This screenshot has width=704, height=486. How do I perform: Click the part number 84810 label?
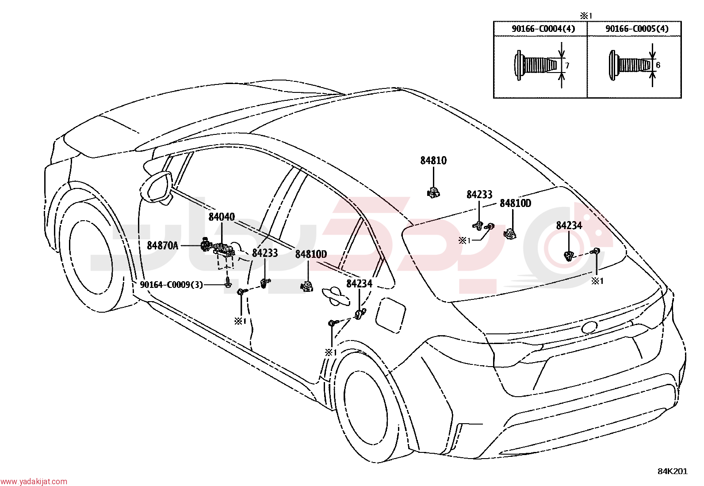tap(433, 161)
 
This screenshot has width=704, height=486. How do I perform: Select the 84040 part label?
tap(222, 217)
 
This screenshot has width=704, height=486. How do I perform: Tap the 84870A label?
tap(162, 245)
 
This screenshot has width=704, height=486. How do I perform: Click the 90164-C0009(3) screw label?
tap(171, 285)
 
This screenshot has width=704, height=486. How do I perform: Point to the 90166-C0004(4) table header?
tap(543, 29)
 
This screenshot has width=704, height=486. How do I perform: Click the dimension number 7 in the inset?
tap(567, 66)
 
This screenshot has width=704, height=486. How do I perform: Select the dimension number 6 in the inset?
tap(658, 65)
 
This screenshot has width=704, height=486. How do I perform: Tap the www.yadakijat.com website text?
tap(34, 481)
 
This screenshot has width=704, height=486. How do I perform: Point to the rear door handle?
tap(336, 296)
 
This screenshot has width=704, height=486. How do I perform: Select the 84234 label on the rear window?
tap(569, 226)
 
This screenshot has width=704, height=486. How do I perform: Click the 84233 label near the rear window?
tap(479, 195)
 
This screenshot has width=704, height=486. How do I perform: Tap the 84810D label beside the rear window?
tap(516, 203)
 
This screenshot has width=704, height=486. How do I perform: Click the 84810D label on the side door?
tap(311, 254)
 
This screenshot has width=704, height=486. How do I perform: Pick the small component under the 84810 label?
tap(434, 192)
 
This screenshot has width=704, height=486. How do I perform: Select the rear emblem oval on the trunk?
tap(589, 327)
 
